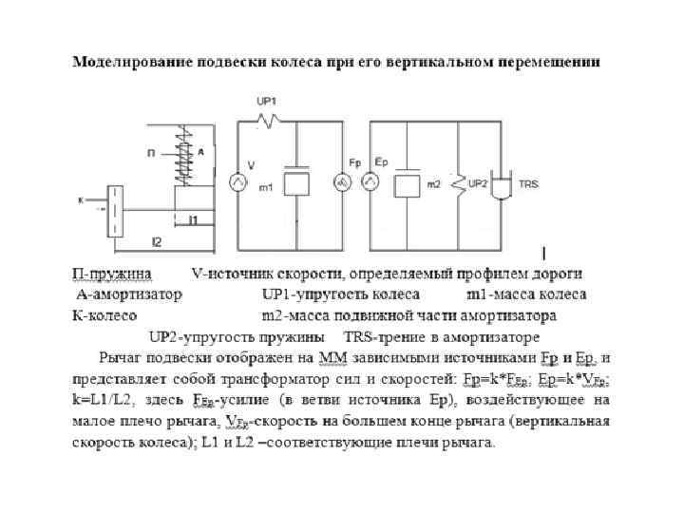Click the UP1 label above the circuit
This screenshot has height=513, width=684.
point(267,102)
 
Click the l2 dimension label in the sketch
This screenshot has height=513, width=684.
point(157,241)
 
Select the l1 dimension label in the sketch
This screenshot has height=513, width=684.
point(193,220)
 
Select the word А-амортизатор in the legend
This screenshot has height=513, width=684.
point(127,294)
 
